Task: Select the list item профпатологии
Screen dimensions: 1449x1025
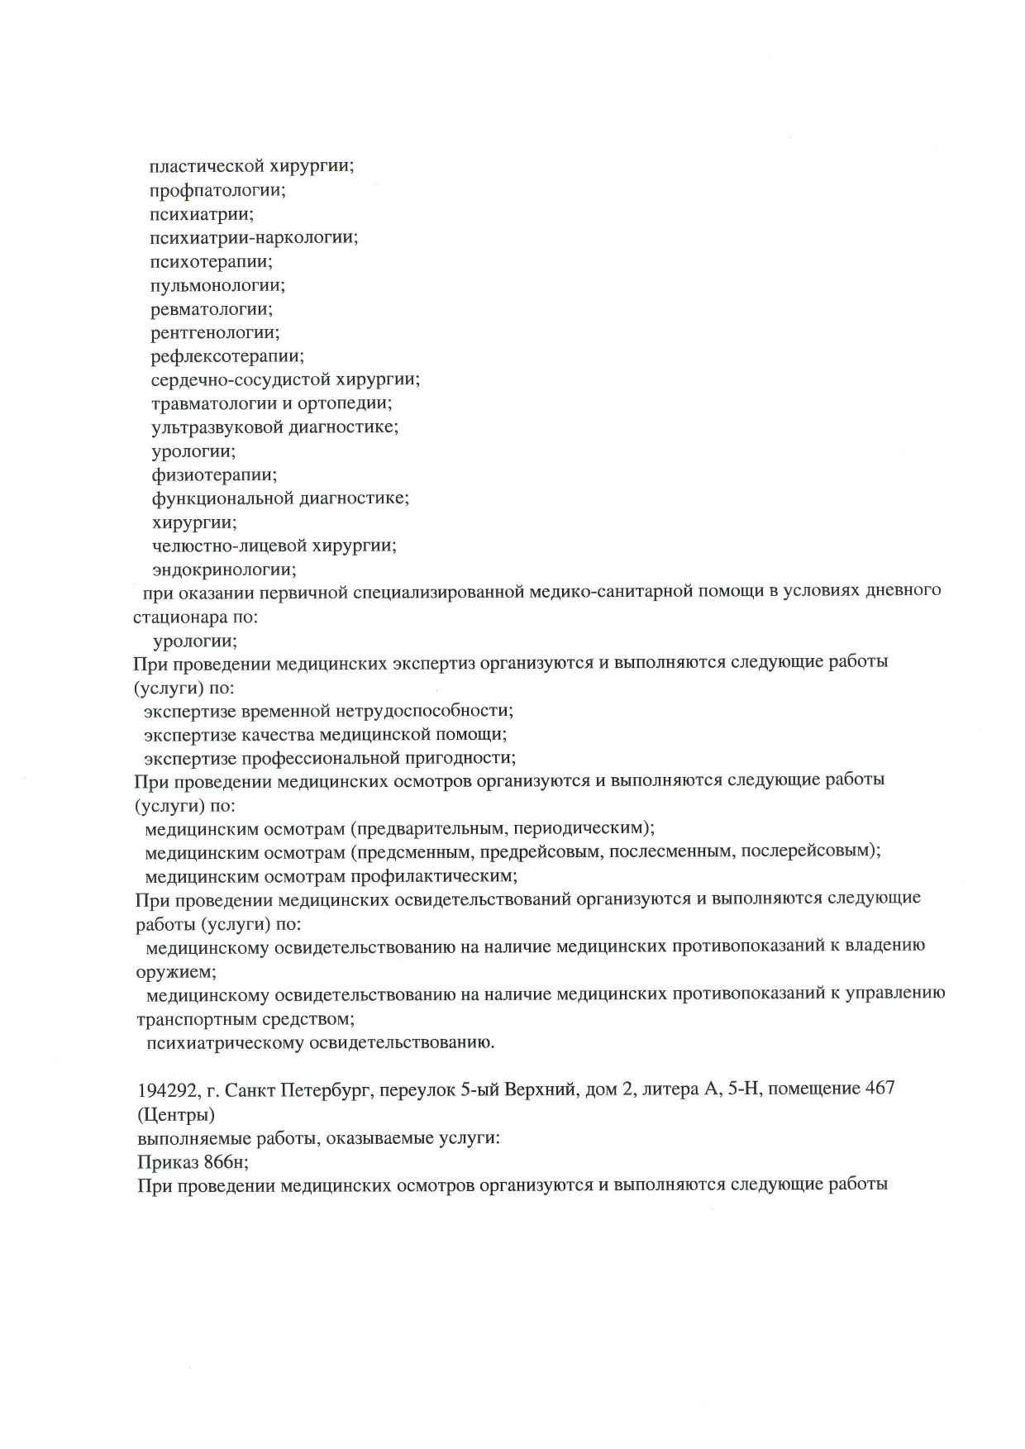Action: click(217, 190)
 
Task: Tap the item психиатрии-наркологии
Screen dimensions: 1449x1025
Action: click(254, 238)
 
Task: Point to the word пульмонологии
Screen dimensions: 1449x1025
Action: click(217, 286)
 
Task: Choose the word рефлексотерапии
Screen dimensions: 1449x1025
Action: click(227, 357)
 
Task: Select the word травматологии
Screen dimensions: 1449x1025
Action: click(207, 404)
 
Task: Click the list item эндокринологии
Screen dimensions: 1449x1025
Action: click(224, 570)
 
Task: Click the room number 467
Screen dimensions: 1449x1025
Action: click(879, 1089)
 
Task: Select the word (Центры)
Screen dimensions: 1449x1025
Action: click(176, 1114)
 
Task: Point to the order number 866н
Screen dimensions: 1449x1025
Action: click(226, 1161)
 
